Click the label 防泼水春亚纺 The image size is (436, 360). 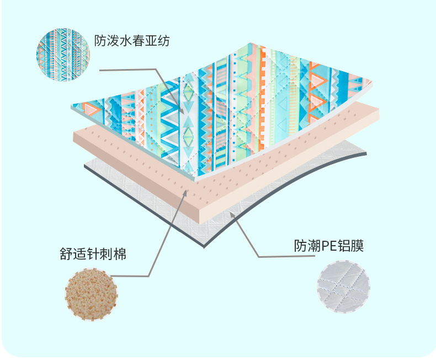coord(131,41)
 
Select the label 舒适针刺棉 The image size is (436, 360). coord(93,255)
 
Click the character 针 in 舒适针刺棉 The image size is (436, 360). coord(93,255)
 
